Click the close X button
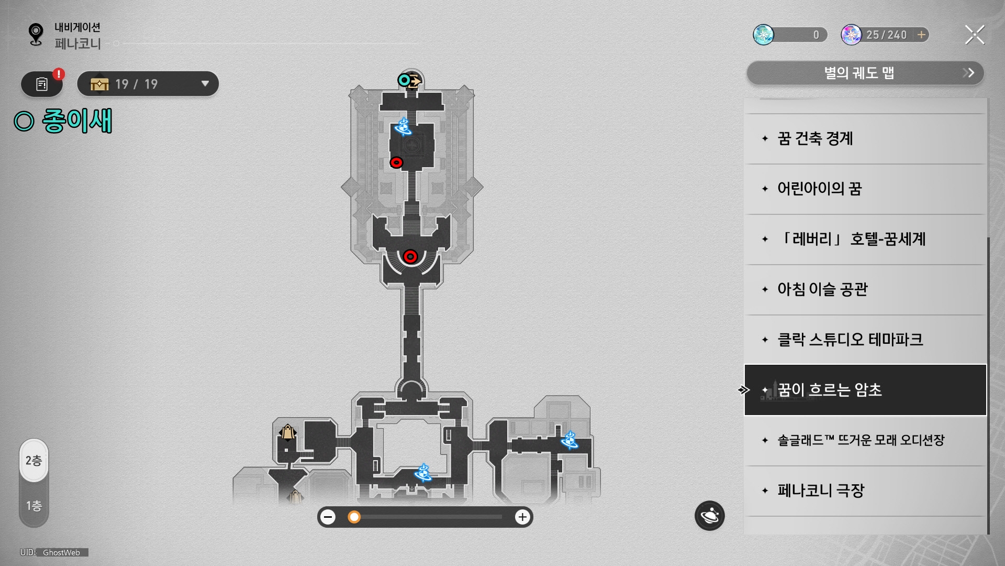[x=975, y=35]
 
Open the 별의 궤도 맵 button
[x=865, y=73]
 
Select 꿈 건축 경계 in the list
[x=865, y=139]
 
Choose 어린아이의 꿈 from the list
[x=865, y=189]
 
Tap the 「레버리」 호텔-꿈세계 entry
[x=865, y=239]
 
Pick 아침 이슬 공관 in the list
[x=865, y=289]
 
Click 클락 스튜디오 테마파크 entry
[x=865, y=340]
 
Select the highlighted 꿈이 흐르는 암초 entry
[x=865, y=390]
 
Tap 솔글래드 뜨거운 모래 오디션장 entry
[x=865, y=440]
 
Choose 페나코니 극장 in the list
[x=865, y=491]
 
